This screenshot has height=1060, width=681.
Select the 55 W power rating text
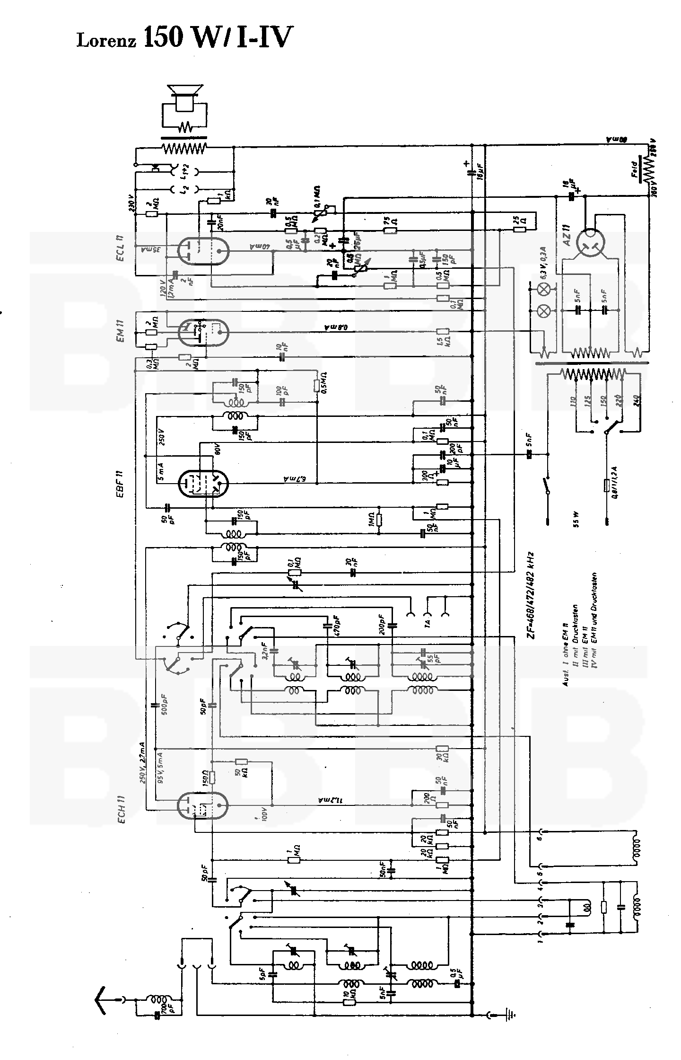[577, 521]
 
